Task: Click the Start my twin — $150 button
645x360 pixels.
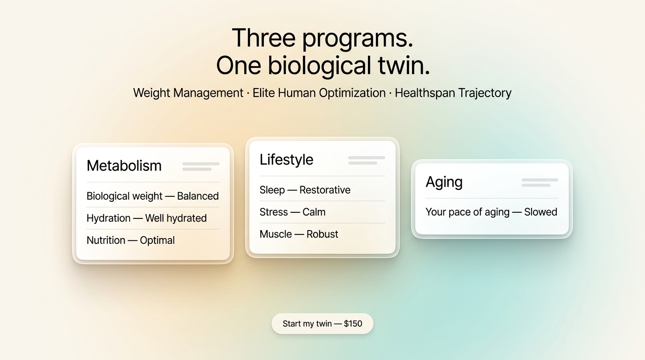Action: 322,323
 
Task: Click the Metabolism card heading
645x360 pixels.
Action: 124,165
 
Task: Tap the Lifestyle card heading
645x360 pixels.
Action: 286,159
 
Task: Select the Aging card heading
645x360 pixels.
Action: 444,182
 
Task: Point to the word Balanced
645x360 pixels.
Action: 198,196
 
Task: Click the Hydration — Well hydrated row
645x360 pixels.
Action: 147,218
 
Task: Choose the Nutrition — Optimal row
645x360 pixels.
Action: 131,240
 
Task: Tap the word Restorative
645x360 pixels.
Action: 325,190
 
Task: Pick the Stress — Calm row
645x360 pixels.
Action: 292,212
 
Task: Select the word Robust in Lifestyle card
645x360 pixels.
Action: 322,234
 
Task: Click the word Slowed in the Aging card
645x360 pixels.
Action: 540,212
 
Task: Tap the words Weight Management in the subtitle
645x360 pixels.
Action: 188,93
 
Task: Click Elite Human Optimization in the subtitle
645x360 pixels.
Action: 319,93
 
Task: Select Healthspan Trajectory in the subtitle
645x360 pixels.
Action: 453,93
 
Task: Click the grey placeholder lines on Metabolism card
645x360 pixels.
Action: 201,166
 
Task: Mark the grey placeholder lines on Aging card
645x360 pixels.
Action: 540,182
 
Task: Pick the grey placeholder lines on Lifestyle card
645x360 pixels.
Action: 367,160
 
